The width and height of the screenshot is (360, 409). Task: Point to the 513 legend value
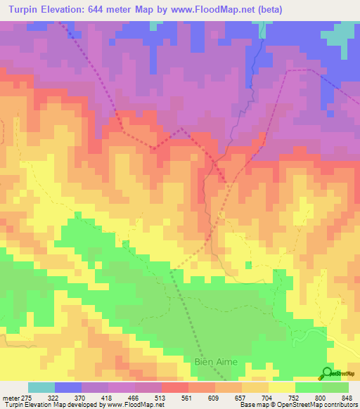160,398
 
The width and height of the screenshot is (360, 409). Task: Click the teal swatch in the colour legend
41,388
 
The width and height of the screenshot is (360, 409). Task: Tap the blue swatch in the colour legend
68,388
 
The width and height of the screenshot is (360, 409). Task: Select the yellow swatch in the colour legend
281,388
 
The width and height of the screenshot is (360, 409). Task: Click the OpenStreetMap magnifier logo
327,373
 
